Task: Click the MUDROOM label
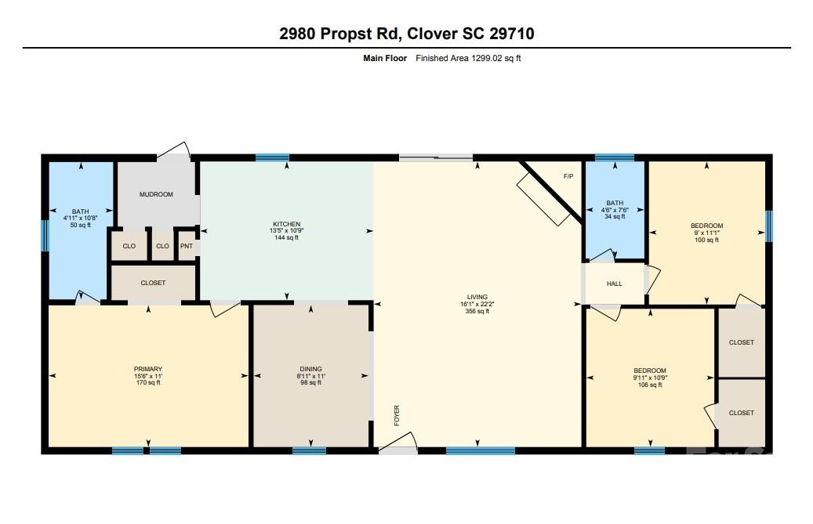click(x=156, y=195)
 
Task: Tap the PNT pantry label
click(x=186, y=247)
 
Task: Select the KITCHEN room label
click(x=286, y=224)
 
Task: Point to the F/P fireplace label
click(x=568, y=176)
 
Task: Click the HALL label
click(x=615, y=284)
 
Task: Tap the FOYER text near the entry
click(x=397, y=415)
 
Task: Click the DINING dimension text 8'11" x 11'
click(x=311, y=377)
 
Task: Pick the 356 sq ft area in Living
click(x=477, y=311)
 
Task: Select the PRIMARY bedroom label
click(x=148, y=369)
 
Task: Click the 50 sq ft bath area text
click(x=81, y=226)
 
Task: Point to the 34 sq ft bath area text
click(x=615, y=216)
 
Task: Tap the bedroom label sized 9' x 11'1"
click(x=706, y=226)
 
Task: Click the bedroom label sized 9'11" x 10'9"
click(x=650, y=370)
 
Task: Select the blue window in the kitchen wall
click(x=272, y=157)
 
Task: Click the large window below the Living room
click(x=481, y=451)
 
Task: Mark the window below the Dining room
click(x=310, y=451)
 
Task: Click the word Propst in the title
click(x=345, y=34)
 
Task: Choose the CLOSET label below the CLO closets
click(x=153, y=284)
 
